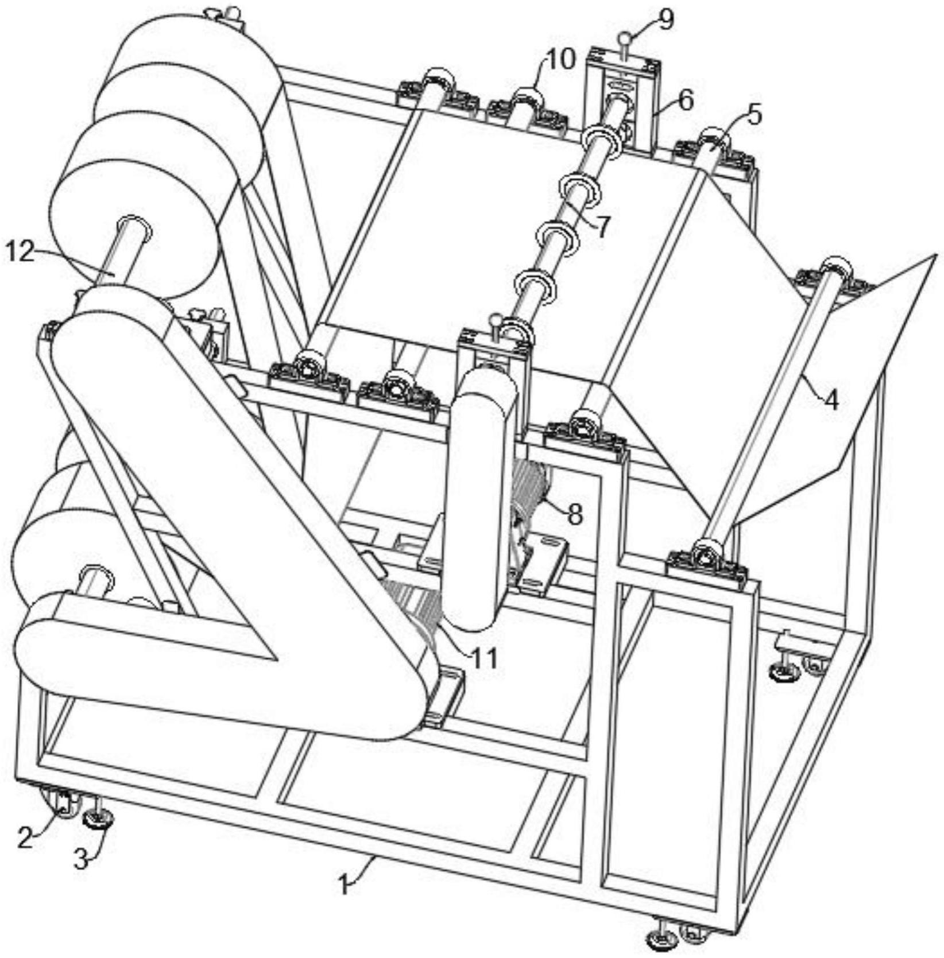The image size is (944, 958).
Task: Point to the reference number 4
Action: coord(830,400)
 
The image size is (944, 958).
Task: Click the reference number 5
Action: coord(755,115)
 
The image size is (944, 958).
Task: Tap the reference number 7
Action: coord(603,227)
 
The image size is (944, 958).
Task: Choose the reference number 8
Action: coord(575,514)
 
